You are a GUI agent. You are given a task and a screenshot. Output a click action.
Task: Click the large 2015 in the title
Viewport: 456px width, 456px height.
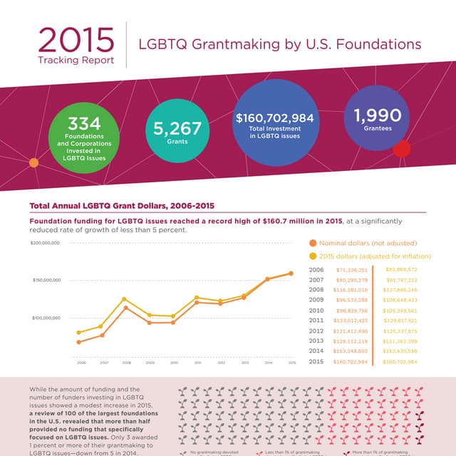tap(76, 41)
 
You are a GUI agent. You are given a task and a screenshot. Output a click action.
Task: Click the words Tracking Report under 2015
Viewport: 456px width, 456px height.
tap(76, 61)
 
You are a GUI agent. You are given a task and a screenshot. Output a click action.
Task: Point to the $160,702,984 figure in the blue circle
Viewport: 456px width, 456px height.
tap(274, 118)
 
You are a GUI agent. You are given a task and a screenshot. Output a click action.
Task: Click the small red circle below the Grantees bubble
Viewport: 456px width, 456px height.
tap(402, 148)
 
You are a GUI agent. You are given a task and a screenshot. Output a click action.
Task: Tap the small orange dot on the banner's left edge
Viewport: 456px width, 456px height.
tap(33, 163)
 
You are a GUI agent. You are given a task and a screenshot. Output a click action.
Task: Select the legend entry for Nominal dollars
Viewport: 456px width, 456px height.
tap(363, 243)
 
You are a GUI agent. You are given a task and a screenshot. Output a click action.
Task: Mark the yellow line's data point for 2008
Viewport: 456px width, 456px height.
tap(125, 299)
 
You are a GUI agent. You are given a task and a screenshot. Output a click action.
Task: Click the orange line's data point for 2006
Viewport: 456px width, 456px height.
tap(78, 342)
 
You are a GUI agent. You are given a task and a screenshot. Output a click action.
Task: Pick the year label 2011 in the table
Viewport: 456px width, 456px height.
tap(317, 321)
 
